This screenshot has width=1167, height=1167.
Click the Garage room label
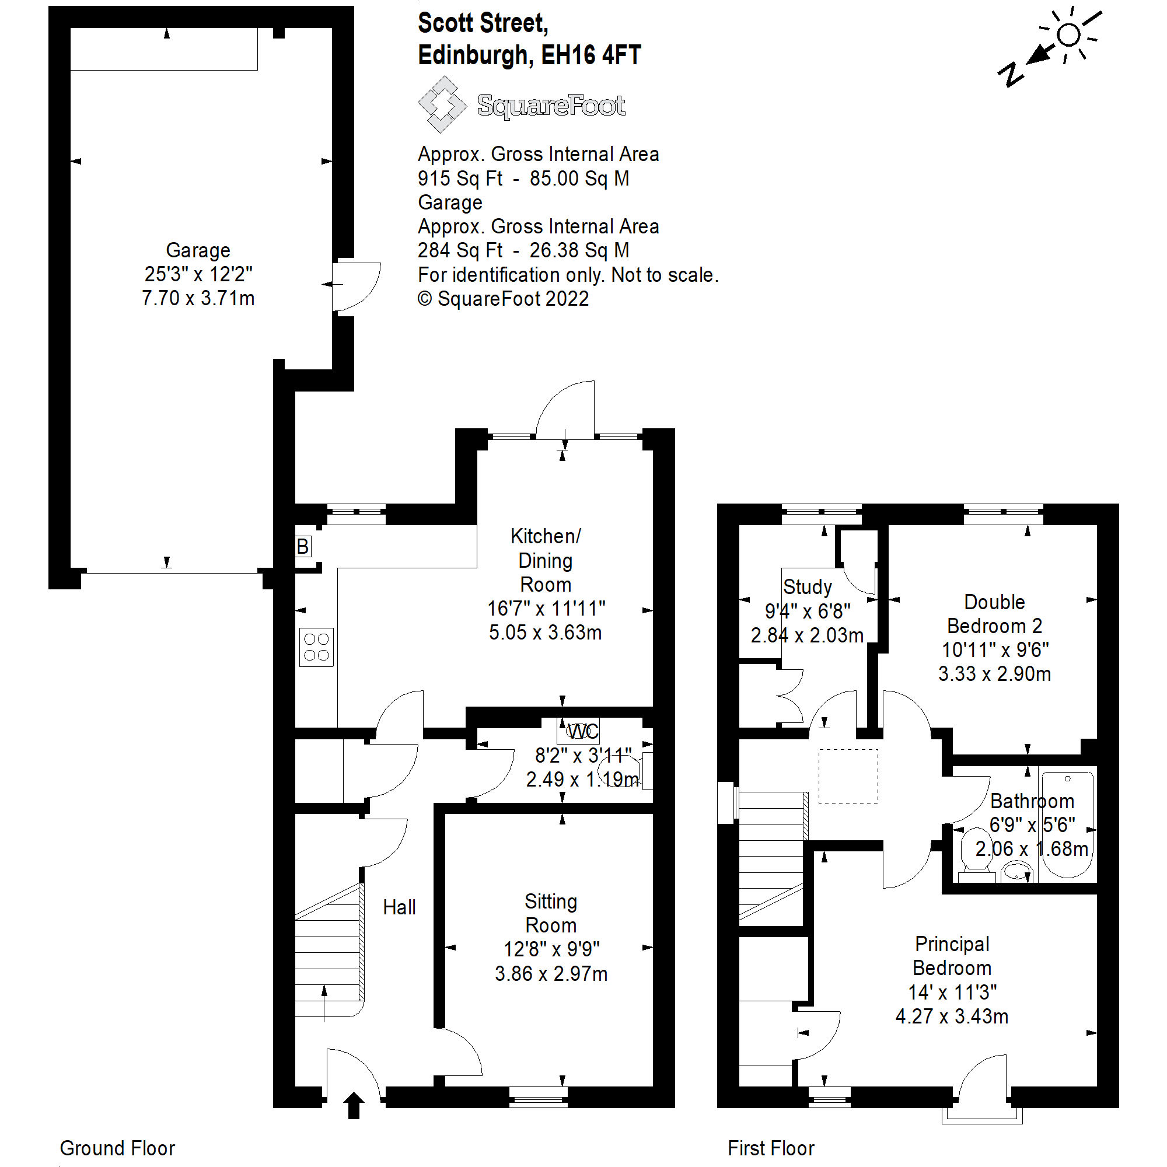(198, 250)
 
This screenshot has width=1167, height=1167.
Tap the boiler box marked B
(303, 547)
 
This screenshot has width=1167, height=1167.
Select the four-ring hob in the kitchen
(316, 647)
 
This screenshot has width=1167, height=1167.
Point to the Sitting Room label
(550, 913)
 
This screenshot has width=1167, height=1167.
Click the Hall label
(399, 907)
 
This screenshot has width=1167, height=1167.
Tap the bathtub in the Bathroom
(1067, 824)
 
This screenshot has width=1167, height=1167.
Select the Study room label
(807, 587)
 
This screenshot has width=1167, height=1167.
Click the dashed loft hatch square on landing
(848, 776)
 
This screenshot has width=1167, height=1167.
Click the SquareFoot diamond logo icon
(442, 104)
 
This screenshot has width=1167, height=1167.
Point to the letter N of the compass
(1011, 74)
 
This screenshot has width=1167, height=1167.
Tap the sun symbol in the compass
(1068, 35)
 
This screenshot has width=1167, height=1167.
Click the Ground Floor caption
(117, 1148)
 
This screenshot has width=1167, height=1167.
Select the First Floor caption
(771, 1148)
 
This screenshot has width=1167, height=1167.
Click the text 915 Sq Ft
(460, 179)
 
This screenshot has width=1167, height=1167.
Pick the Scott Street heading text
(483, 23)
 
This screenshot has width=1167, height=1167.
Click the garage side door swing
(357, 286)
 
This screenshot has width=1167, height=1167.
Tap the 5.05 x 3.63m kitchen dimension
(545, 633)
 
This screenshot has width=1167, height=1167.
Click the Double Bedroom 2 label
(994, 614)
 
